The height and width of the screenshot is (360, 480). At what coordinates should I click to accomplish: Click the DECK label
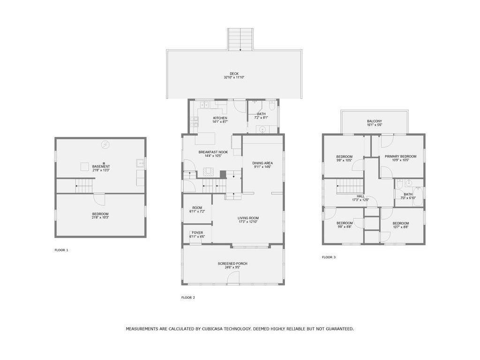pos(234,74)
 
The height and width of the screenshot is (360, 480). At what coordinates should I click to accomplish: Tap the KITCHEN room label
pos(220,118)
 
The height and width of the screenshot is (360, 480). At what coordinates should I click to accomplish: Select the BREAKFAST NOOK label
pos(213,152)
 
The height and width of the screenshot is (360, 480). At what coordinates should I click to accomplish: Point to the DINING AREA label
pos(263,163)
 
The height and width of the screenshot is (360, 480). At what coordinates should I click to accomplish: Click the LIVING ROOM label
pos(248,218)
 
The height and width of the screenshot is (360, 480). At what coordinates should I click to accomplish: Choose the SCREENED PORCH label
pos(232,263)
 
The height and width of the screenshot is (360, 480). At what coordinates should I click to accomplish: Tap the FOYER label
pos(197,232)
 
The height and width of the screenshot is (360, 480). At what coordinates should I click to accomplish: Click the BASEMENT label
pos(101,166)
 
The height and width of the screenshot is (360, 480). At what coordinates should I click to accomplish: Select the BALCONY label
pos(374,121)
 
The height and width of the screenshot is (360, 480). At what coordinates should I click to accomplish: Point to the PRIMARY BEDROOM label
pos(400,156)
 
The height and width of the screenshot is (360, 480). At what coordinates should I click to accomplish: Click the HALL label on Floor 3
pos(360,196)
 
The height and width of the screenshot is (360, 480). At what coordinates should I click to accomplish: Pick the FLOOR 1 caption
pos(61,250)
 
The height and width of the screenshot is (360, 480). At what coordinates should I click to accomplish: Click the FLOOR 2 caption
pos(188,297)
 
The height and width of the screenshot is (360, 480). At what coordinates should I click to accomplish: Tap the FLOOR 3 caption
pos(329,257)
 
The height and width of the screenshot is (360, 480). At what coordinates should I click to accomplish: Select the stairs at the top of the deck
pos(240,40)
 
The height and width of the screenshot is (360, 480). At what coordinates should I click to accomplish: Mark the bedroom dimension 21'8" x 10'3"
pos(100,217)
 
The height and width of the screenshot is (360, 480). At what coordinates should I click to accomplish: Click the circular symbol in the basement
pos(105,144)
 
